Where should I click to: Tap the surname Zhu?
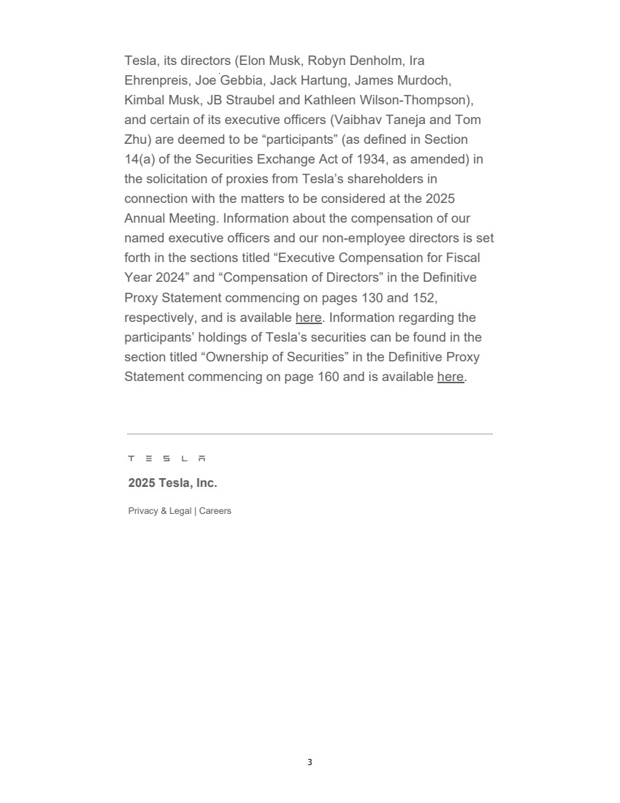137,139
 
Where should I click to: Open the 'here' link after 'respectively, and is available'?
308,318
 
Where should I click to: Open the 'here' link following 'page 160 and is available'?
451,377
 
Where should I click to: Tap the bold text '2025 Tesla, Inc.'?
172,483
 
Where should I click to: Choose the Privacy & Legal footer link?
160,511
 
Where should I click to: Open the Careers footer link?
215,511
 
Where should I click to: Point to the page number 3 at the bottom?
310,762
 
